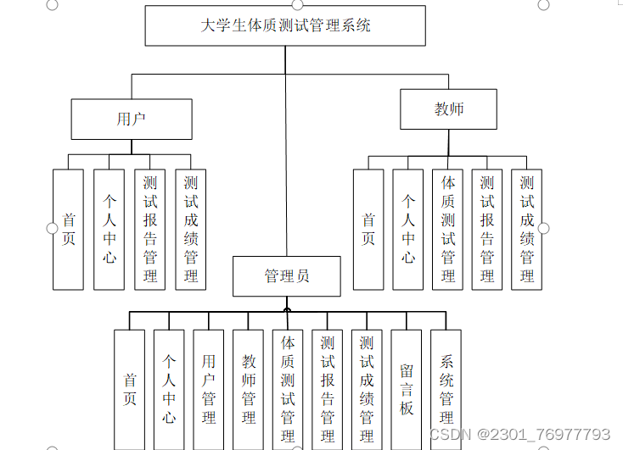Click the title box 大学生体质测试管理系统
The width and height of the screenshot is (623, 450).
click(286, 25)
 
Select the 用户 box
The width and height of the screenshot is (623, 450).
click(131, 119)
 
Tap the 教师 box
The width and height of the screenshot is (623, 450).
click(449, 109)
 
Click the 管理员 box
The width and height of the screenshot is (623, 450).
click(287, 276)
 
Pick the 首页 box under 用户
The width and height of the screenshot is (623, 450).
click(68, 230)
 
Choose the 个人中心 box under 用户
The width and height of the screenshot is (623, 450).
click(109, 230)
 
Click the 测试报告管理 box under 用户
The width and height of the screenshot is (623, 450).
click(150, 230)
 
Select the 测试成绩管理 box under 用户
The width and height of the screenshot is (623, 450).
click(191, 230)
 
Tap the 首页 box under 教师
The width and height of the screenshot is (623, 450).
click(368, 230)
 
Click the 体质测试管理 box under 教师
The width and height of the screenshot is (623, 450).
click(448, 230)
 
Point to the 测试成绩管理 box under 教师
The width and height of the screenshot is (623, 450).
click(527, 230)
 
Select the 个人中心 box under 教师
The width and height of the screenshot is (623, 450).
click(408, 230)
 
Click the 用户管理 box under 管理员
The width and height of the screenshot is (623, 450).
click(209, 389)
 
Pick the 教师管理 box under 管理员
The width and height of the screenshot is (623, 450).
click(249, 389)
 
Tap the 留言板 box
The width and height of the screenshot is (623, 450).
click(407, 389)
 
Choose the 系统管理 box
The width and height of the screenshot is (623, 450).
click(446, 389)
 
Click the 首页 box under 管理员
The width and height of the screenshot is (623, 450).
click(130, 389)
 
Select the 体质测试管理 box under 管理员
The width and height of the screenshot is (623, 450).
click(288, 389)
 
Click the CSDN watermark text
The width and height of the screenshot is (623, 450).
click(519, 434)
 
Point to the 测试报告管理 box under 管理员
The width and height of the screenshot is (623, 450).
click(328, 389)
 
